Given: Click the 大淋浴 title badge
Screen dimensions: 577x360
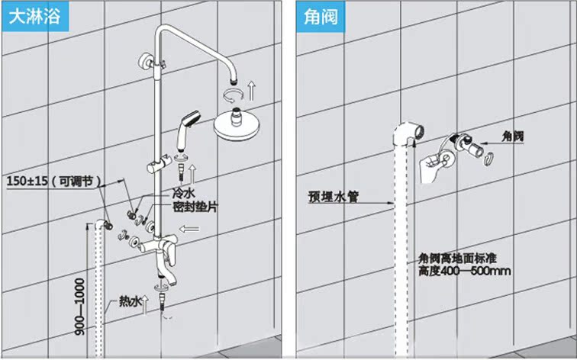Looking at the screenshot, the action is [x=34, y=16].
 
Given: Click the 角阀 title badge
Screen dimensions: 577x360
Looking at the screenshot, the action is [x=320, y=16].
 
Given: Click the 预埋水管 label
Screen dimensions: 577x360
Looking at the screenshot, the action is [x=334, y=195].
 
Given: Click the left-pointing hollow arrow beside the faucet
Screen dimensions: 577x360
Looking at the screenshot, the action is [x=189, y=227].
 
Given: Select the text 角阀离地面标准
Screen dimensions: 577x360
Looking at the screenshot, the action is [x=459, y=258].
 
